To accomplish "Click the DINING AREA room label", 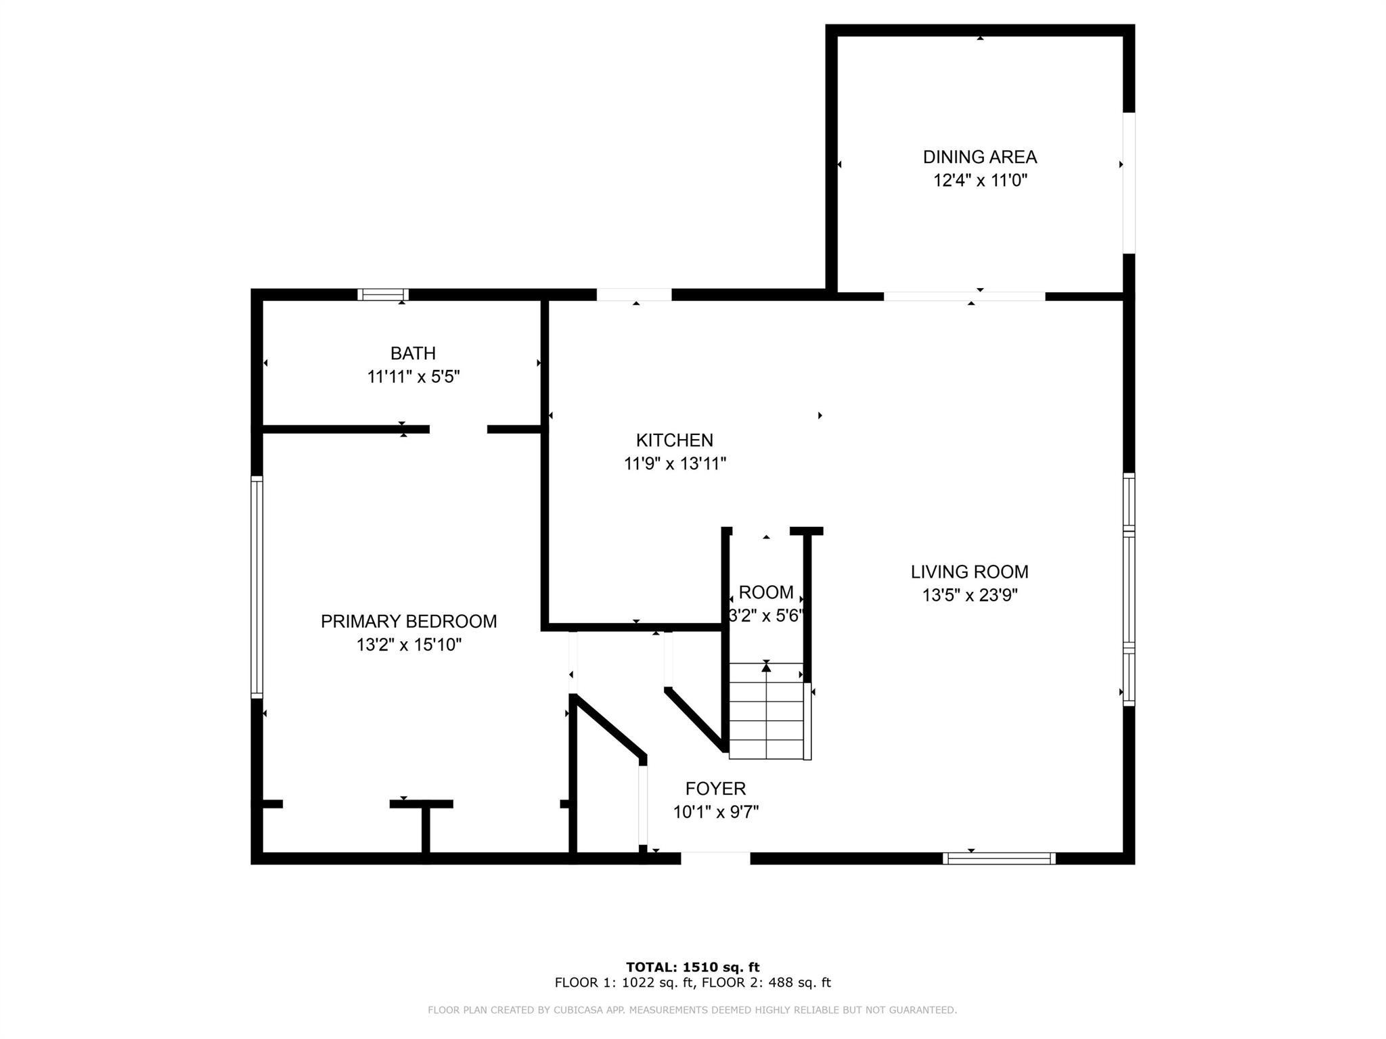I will pos(979,157).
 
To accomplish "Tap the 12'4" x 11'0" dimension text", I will pos(980,181).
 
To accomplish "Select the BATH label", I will pos(413,353).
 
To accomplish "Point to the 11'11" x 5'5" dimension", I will pos(413,377).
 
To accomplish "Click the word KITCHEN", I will pos(674,440).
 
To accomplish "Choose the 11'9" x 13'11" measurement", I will pos(674,464).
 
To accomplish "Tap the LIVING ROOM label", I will pos(969,572).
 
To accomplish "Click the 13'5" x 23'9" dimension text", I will pos(969,595).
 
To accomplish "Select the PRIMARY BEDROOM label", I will pos(409,621).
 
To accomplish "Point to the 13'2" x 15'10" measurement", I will pos(409,645).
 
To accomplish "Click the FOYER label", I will pos(715,788).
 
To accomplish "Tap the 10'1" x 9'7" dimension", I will pos(715,812).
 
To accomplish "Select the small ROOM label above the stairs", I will pos(766,593).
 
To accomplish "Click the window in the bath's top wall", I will pos(383,294).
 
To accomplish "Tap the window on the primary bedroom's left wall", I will pos(256,586).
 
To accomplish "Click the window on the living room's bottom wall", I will pos(999,858).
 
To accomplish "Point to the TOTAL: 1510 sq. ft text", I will pos(692,967).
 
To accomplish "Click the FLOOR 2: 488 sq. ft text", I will pos(766,983).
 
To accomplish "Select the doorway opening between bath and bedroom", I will pos(458,429).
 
